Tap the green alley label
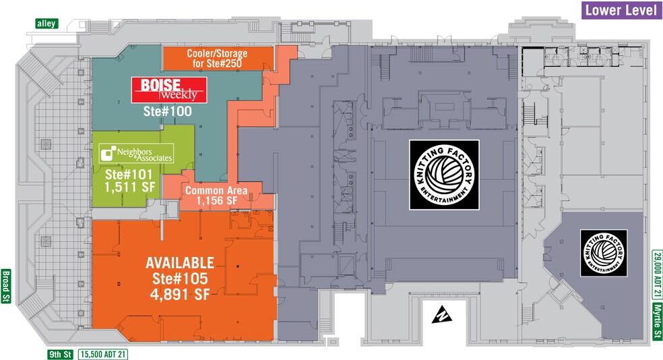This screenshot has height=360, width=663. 47,24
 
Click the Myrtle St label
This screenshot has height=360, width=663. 656,324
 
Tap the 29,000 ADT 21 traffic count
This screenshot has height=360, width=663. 656,274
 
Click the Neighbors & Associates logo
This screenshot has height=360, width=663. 135,154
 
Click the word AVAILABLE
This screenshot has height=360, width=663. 180,262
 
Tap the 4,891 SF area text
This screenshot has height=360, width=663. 180,293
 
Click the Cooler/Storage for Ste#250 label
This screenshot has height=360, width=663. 216,58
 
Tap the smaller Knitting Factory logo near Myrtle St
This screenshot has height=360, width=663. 604,253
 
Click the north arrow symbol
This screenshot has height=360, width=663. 441,313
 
